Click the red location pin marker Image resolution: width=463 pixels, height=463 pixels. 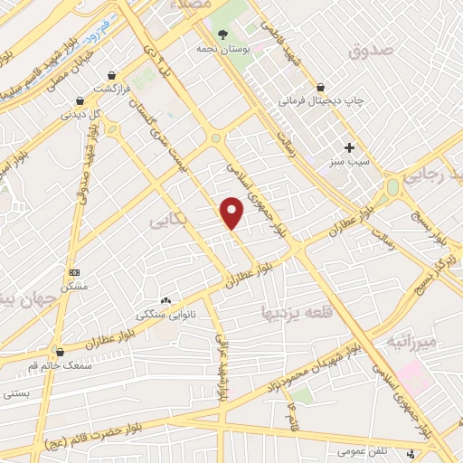232,213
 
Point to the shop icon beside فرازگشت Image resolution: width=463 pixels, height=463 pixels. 111,75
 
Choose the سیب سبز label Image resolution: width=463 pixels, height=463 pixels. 349,164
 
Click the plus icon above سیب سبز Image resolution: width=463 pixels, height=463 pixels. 349,147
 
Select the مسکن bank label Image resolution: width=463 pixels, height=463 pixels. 74,286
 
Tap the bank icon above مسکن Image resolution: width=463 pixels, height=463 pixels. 74,271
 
